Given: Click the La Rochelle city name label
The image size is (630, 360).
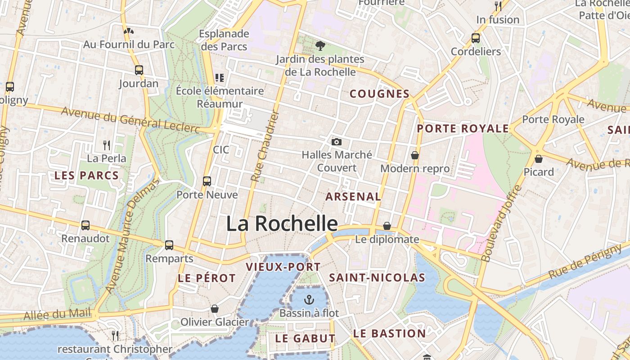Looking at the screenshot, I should point(282,224).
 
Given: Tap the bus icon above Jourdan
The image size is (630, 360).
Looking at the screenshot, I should point(139,70).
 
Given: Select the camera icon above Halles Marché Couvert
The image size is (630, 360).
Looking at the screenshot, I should point(336,142).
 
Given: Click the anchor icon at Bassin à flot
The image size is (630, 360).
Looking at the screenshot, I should point(309,299).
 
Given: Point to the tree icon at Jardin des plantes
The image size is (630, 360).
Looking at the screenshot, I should point(320,45).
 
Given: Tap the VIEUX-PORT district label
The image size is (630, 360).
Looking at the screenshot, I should point(283,267).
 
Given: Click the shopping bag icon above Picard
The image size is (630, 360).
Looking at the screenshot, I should point(538,159).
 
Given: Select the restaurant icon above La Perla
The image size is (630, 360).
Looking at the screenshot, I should point(107,145).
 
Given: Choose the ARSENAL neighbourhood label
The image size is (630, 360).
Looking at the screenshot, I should point(353,197).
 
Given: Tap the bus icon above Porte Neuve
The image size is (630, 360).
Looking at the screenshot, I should point(207,181).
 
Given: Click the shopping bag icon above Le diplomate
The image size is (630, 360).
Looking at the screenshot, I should point(387,226).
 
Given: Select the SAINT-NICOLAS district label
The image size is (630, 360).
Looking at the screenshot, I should point(377,278).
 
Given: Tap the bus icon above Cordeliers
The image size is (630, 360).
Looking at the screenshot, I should point(476,38).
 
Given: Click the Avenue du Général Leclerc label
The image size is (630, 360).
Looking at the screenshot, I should point(130,120).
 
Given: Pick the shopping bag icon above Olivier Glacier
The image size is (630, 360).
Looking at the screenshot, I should point(215,309).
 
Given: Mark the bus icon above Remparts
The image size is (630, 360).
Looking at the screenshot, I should point(169,245).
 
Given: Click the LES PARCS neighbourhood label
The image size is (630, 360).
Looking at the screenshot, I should point(86,175).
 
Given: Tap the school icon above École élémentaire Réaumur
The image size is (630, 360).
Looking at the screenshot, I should point(220,78).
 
